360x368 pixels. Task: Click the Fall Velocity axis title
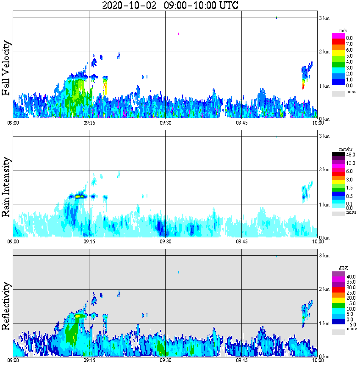(x=6, y=69)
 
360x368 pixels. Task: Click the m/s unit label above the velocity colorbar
(x=343, y=31)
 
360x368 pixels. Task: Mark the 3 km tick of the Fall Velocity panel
(x=324, y=18)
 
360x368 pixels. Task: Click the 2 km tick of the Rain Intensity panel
(x=324, y=170)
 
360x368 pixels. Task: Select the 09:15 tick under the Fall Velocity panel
(x=89, y=123)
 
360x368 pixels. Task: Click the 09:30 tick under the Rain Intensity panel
(x=165, y=242)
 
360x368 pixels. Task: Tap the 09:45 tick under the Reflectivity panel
(x=241, y=360)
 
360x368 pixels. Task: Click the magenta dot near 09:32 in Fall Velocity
(x=178, y=33)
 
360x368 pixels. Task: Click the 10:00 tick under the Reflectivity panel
(x=318, y=360)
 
